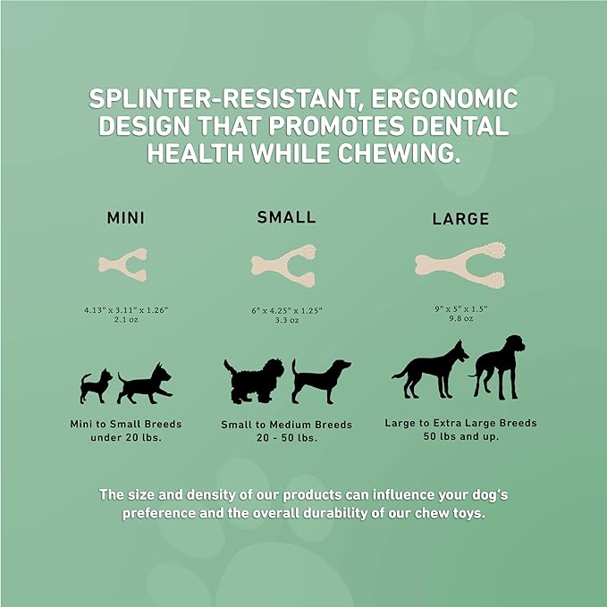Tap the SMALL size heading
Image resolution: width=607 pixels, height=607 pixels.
pos(286,216)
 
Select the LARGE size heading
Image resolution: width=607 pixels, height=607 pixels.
pos(460,218)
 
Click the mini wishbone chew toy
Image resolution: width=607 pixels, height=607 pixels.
pos(122,264)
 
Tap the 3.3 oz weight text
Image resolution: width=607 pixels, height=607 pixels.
pos(286,318)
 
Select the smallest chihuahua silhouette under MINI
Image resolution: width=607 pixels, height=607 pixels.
pos(97,385)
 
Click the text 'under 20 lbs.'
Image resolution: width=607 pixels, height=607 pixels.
pos(125,437)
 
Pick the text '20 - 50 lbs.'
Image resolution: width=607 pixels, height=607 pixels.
pos(286,437)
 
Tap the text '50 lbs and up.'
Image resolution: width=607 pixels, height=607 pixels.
pos(460,435)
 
